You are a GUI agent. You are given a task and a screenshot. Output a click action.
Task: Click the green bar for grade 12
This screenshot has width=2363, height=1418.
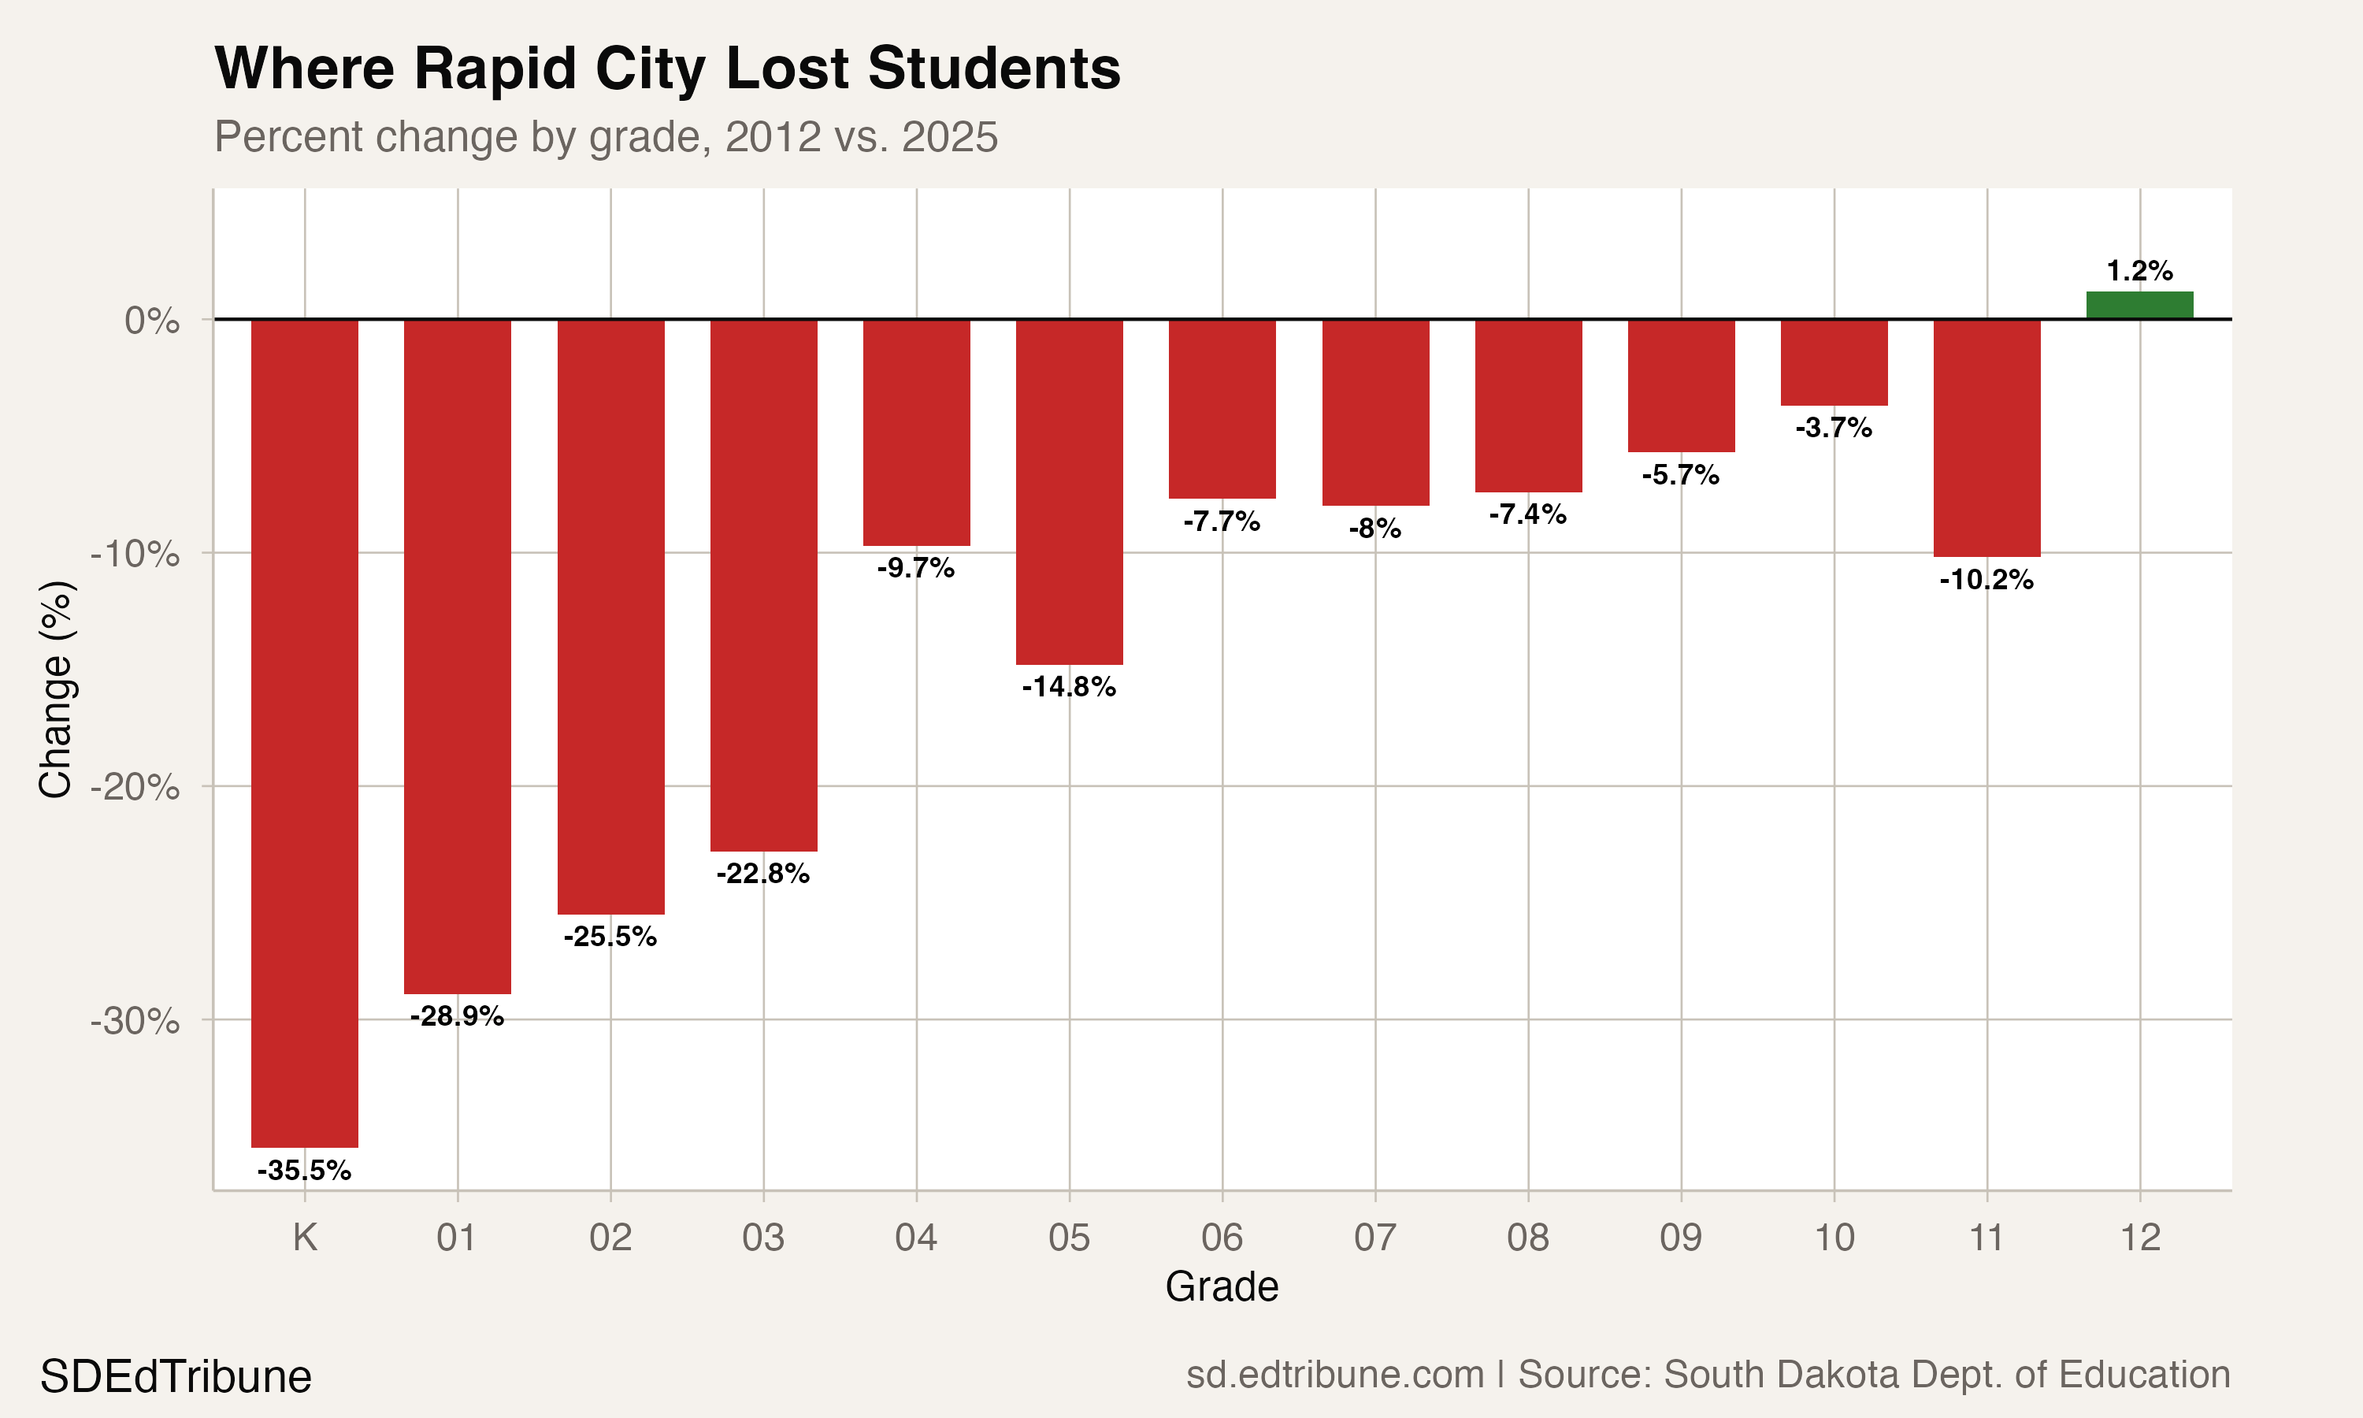[x=2139, y=305]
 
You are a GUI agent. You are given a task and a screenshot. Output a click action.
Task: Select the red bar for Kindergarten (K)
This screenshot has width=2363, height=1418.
[x=305, y=733]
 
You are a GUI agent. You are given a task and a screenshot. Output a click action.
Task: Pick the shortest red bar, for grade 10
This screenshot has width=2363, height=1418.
[x=1834, y=362]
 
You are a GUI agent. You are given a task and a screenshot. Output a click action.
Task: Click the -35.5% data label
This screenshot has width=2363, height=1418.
[x=305, y=1171]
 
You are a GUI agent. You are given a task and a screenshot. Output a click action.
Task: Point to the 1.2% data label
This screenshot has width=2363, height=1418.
[x=2139, y=271]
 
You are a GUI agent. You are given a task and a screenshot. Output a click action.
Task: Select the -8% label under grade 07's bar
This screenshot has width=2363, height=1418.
[x=1375, y=529]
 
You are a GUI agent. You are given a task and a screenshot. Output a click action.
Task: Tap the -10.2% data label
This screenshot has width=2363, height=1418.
[x=1986, y=580]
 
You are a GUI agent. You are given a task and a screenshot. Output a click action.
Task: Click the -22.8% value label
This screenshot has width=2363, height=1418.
[x=763, y=874]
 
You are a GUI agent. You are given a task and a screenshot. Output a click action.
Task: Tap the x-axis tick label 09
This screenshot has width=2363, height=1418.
[x=1681, y=1238]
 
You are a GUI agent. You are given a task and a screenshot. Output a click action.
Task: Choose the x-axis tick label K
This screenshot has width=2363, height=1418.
[x=305, y=1238]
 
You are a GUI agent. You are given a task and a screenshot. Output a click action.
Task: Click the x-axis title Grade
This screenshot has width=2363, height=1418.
[x=1222, y=1287]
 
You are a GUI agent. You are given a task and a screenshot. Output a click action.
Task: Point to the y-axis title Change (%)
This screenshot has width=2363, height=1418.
[x=55, y=688]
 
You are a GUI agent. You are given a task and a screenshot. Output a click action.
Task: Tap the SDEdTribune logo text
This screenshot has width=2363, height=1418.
[x=176, y=1377]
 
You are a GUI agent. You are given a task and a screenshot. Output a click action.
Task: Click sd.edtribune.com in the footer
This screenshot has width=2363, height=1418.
[x=1334, y=1375]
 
